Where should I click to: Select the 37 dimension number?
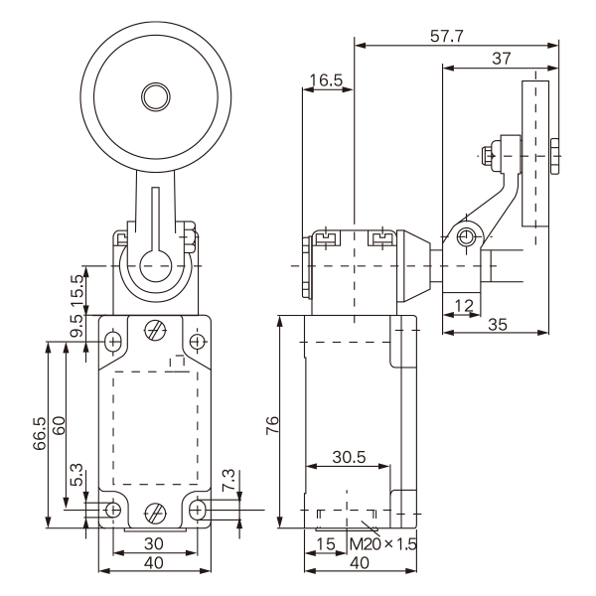[x=503, y=59]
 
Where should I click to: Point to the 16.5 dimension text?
[x=326, y=79]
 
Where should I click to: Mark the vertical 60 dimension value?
[x=60, y=426]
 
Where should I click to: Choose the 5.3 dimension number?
[x=77, y=482]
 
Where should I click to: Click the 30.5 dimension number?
[x=347, y=458]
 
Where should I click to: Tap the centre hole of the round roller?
[x=155, y=97]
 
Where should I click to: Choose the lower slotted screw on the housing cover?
[x=155, y=514]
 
